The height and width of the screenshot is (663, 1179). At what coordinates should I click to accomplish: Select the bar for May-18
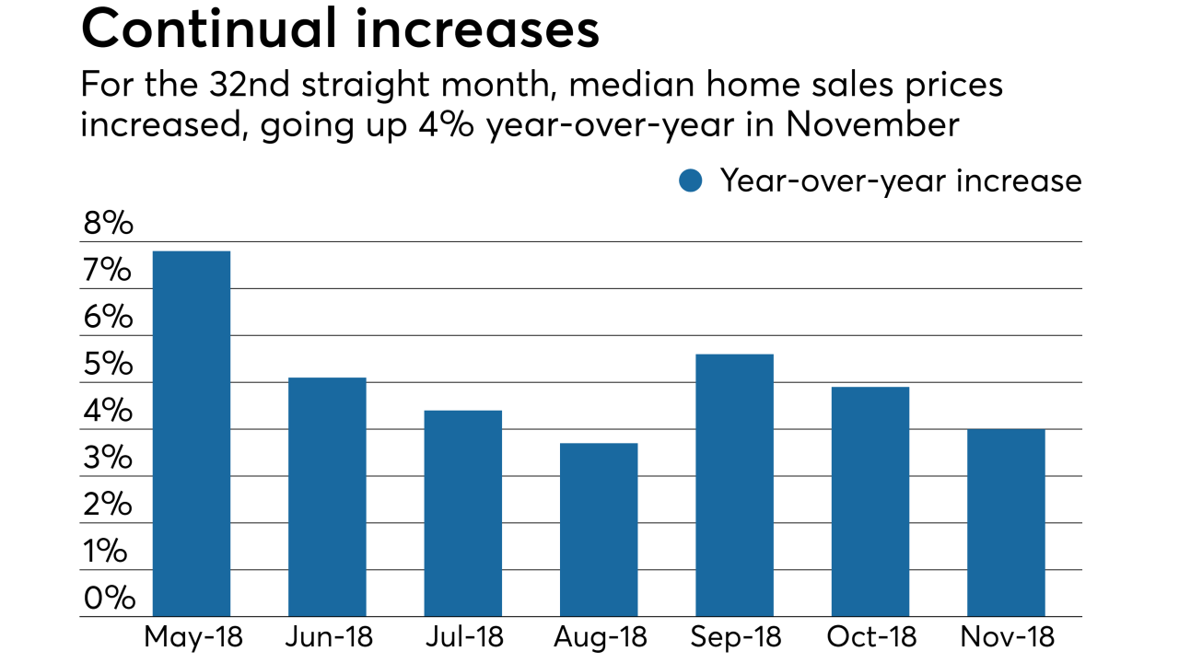pyautogui.click(x=191, y=434)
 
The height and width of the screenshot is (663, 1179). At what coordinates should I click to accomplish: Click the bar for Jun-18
pyautogui.click(x=327, y=497)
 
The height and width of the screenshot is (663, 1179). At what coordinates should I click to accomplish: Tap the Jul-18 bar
pyautogui.click(x=462, y=513)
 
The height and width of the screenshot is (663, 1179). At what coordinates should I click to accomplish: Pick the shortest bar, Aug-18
pyautogui.click(x=599, y=529)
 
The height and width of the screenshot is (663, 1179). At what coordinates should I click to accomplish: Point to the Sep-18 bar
pyautogui.click(x=734, y=485)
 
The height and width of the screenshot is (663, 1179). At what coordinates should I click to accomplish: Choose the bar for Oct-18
pyautogui.click(x=870, y=502)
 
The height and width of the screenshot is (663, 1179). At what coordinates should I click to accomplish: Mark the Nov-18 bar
pyautogui.click(x=1006, y=523)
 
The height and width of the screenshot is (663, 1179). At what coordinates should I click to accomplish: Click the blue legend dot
pyautogui.click(x=690, y=180)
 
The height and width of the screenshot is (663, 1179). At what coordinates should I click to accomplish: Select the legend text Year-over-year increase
pyautogui.click(x=901, y=180)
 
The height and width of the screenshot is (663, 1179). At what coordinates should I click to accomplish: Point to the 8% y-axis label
pyautogui.click(x=108, y=224)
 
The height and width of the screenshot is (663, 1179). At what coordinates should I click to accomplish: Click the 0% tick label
pyautogui.click(x=108, y=599)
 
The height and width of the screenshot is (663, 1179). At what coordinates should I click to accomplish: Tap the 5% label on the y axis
pyautogui.click(x=108, y=365)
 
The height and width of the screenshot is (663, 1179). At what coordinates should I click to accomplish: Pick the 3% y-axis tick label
pyautogui.click(x=108, y=459)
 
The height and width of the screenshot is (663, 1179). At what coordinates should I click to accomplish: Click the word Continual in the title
pyautogui.click(x=207, y=29)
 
